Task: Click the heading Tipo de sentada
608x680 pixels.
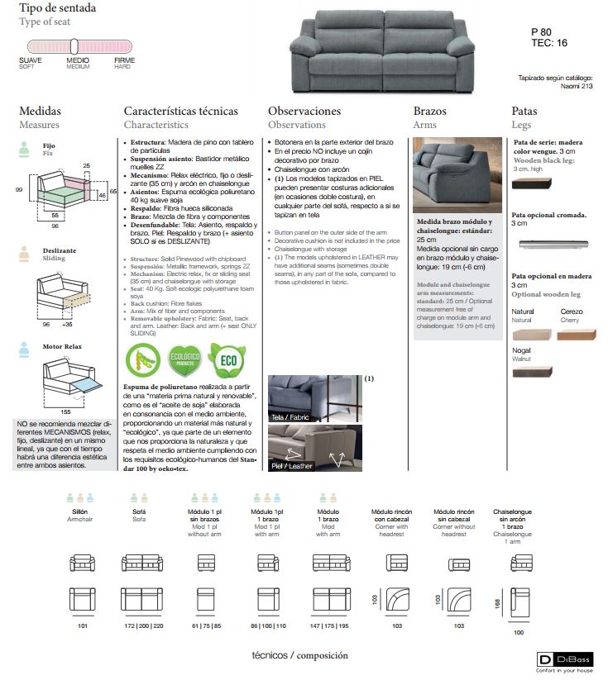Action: click(57, 8)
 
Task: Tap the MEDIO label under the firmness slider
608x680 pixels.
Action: click(78, 60)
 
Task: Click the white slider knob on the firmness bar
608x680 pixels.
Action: click(74, 46)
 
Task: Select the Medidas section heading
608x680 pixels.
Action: click(40, 111)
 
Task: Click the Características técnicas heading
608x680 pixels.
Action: click(180, 111)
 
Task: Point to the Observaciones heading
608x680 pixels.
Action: click(304, 111)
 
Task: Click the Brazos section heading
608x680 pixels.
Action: click(429, 111)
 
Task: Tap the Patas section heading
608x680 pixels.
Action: click(524, 111)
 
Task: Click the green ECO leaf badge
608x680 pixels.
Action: click(226, 360)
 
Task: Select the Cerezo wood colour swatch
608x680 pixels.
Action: click(576, 334)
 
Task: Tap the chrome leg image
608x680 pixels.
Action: click(553, 245)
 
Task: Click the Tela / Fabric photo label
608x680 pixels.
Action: click(290, 417)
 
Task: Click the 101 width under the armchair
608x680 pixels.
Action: click(82, 627)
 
